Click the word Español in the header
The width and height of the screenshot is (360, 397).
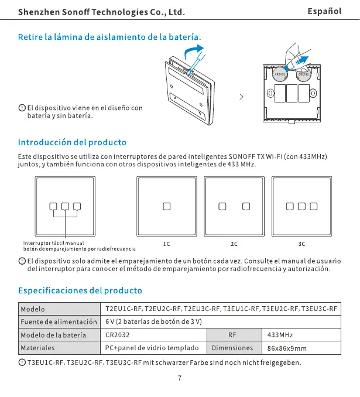(324, 11)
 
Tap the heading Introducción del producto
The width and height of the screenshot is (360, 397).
(72, 142)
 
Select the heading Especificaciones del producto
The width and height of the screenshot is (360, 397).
(80, 290)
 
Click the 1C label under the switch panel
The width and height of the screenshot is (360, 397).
(166, 243)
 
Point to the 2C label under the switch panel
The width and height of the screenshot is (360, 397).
(234, 243)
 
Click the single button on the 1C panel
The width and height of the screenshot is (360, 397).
(166, 206)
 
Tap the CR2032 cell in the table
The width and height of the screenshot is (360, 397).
(118, 335)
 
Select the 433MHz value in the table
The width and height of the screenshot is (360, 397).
(280, 335)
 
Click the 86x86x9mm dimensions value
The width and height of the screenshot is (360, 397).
(287, 348)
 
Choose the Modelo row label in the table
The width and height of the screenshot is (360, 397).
(33, 309)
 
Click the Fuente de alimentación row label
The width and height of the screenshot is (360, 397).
(59, 322)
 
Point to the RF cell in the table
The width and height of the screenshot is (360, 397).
(233, 335)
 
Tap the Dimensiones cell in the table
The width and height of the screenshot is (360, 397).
(232, 348)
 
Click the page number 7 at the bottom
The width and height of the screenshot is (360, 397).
(180, 378)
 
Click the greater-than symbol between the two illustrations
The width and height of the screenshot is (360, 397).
(241, 97)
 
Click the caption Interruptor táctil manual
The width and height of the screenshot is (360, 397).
(53, 243)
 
